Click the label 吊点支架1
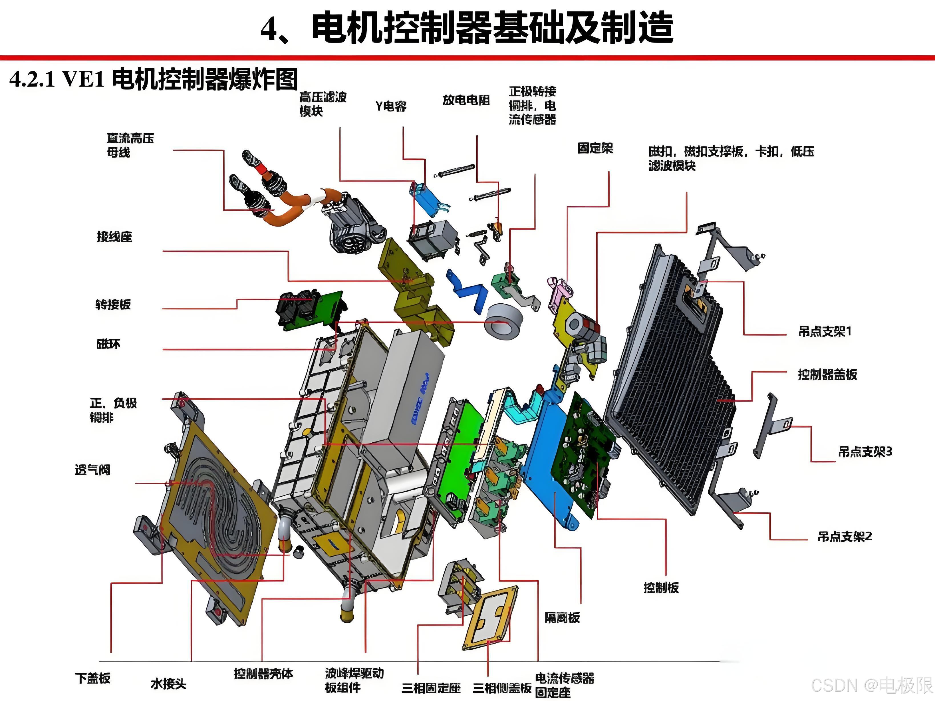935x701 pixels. click(825, 331)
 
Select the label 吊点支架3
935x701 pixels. click(865, 452)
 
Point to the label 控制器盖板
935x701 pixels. click(827, 374)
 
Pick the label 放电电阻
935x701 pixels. click(466, 100)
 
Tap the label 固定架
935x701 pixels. click(595, 148)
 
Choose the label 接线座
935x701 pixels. click(114, 237)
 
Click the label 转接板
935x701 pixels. click(113, 305)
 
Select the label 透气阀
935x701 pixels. click(92, 470)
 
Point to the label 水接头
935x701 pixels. click(168, 684)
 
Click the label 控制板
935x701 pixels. click(661, 587)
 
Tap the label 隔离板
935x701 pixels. click(562, 618)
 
